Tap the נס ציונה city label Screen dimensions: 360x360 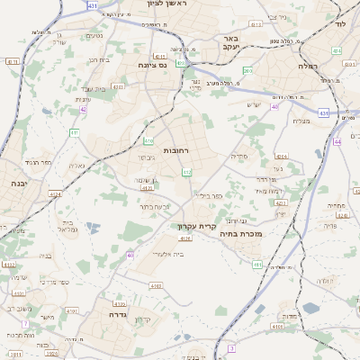click(156, 65)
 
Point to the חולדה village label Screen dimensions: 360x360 click(327, 281)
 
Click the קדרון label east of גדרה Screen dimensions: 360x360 click(143, 319)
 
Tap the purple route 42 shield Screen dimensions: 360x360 click(83, 108)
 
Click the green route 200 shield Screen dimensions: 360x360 click(247, 70)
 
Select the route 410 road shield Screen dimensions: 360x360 click(148, 141)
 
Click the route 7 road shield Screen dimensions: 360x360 click(26, 322)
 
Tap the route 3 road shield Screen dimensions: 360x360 click(231, 346)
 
